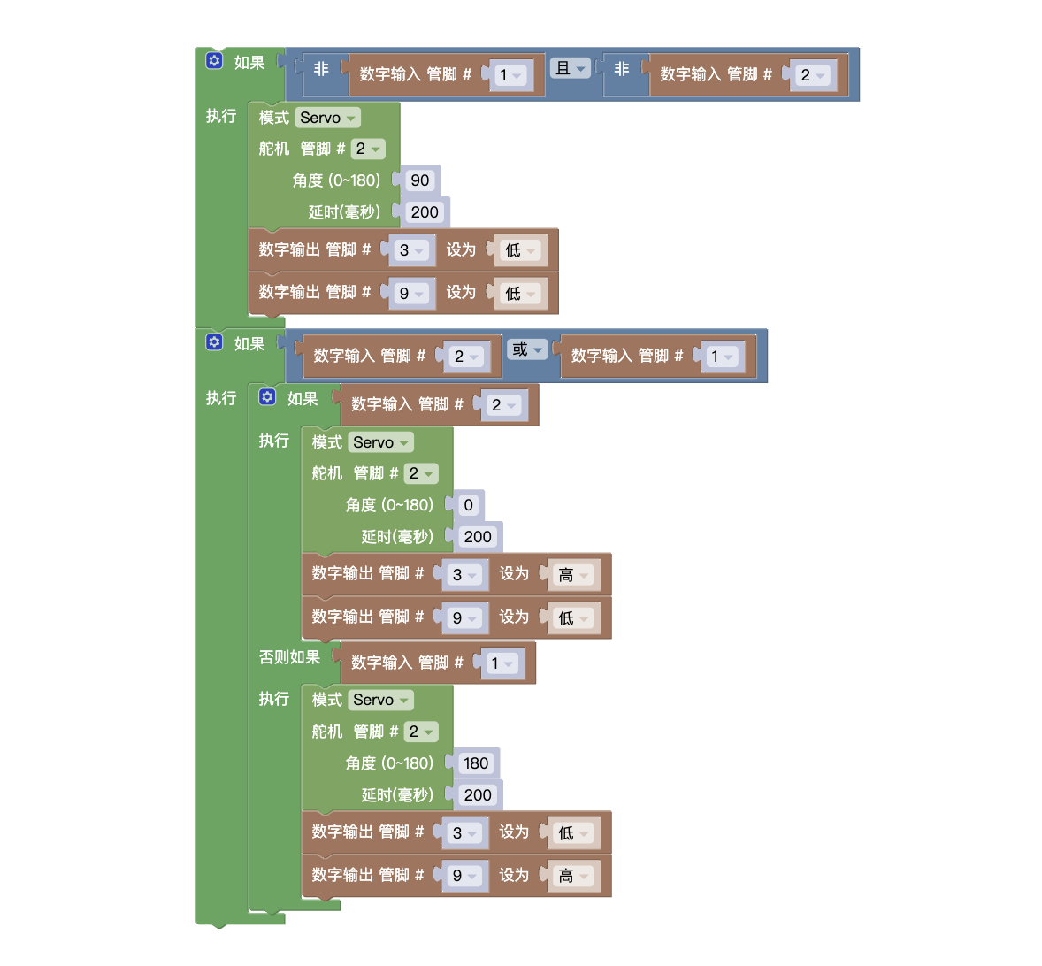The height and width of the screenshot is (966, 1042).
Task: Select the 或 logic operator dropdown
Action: point(526,349)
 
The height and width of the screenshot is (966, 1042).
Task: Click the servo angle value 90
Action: point(420,180)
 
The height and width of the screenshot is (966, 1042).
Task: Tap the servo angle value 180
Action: point(476,763)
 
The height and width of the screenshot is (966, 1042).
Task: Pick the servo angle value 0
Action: point(468,505)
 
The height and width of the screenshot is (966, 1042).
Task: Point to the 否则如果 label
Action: point(289,657)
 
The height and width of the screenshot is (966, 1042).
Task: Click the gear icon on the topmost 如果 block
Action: point(214,61)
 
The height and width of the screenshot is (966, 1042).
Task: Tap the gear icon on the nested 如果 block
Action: point(267,397)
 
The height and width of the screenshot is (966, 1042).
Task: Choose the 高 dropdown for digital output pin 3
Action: point(572,575)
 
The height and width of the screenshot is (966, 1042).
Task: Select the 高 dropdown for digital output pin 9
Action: point(572,876)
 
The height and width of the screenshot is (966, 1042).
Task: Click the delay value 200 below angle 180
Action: point(478,795)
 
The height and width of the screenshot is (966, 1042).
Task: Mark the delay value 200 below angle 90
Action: point(425,212)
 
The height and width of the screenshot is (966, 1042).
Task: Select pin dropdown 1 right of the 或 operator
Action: point(723,356)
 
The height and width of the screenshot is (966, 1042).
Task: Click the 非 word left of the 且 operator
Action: point(321,69)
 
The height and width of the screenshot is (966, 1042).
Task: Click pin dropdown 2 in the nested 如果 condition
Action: point(502,405)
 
